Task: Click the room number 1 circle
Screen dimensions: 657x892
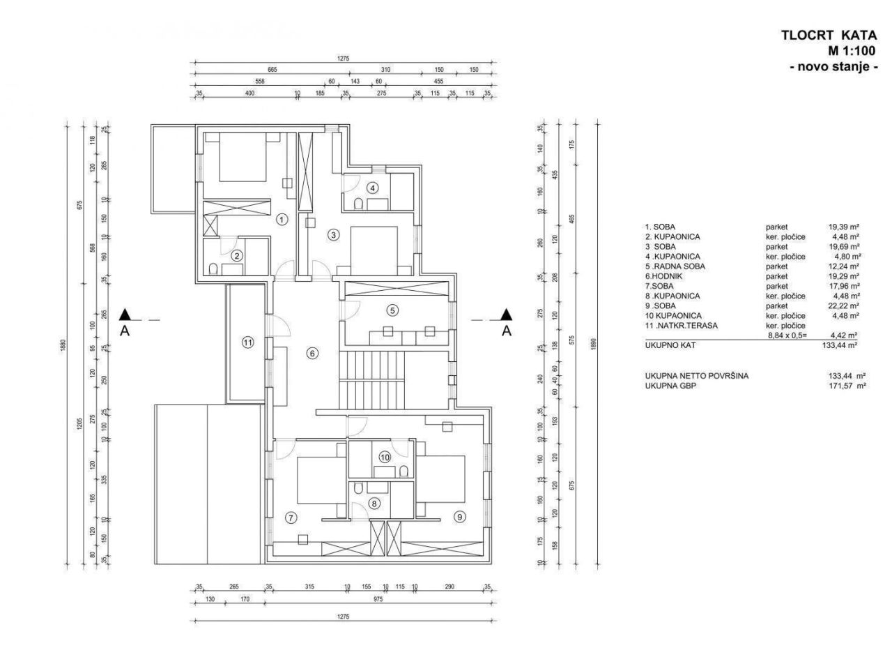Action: (x=282, y=219)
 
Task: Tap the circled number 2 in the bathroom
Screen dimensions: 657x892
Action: (x=237, y=255)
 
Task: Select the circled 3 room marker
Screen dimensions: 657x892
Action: (x=334, y=235)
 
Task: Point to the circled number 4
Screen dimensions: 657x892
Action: (x=373, y=188)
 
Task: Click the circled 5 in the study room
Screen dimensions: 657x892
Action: (x=392, y=310)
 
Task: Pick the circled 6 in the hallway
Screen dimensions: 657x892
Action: (x=312, y=354)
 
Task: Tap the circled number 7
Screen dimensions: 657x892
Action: (x=291, y=517)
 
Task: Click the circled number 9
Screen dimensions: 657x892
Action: (x=459, y=517)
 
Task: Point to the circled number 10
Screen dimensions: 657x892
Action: (x=384, y=457)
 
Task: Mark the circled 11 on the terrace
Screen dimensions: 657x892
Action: (x=247, y=342)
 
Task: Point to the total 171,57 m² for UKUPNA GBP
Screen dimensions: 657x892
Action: (x=842, y=385)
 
